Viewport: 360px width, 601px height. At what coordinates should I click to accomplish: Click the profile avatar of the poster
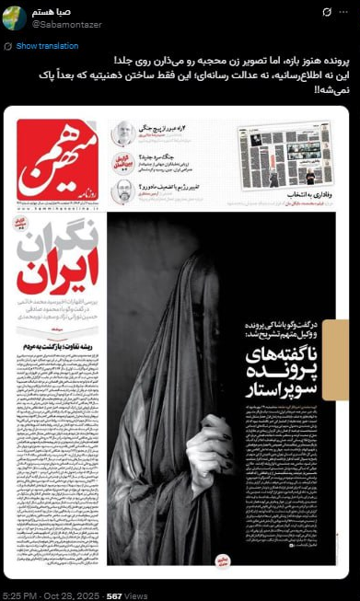pos(16,17)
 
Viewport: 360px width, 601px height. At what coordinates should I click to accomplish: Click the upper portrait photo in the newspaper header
pos(122,135)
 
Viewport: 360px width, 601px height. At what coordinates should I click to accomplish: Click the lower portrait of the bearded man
pos(122,192)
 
